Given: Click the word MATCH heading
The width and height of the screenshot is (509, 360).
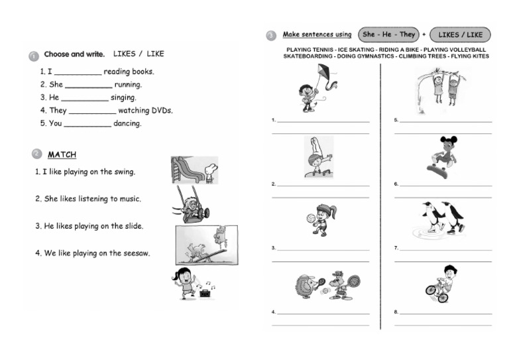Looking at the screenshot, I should (62, 155).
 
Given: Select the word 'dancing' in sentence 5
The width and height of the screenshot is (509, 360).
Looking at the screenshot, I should (127, 123).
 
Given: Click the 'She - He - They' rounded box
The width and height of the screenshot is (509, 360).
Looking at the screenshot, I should (388, 34).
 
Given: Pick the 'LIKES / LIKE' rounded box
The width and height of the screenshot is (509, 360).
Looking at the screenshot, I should (461, 34).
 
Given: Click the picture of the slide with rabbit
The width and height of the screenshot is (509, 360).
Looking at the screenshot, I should (194, 170).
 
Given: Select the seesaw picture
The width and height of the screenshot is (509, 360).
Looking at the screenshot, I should (206, 245).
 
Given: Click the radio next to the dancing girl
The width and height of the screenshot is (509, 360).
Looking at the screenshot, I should (206, 291).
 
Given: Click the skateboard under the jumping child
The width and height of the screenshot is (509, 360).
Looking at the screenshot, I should (437, 172).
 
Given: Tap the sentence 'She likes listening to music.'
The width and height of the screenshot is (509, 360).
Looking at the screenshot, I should (88, 199).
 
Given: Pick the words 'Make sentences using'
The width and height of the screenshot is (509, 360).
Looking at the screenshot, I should (317, 34).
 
